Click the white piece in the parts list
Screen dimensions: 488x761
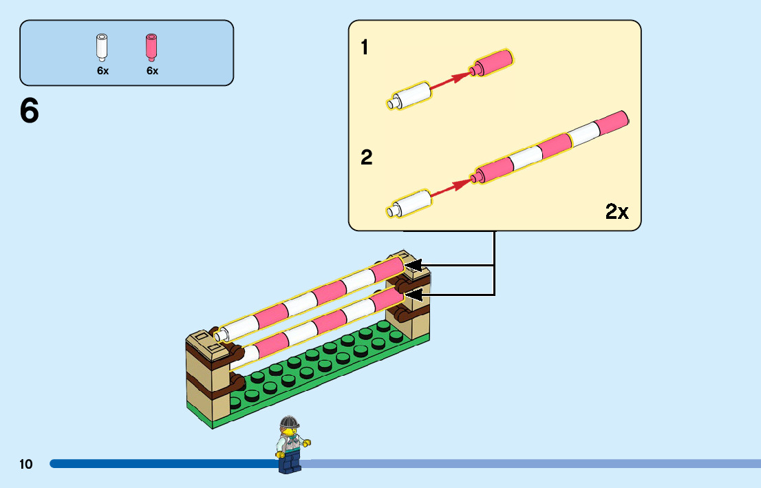(x=103, y=46)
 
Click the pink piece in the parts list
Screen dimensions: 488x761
(x=151, y=46)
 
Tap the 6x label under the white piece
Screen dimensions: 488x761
(x=103, y=71)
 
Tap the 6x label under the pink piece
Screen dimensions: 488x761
(x=152, y=71)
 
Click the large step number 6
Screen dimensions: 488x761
(x=30, y=112)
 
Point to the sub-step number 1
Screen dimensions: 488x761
(x=365, y=47)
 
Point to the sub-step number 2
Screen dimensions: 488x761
(x=366, y=158)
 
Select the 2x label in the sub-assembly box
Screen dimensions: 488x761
(x=617, y=211)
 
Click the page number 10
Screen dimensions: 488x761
(x=26, y=465)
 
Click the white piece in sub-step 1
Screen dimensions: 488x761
(x=409, y=96)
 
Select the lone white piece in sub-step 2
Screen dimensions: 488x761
(x=411, y=204)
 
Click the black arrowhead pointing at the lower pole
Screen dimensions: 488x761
(x=413, y=295)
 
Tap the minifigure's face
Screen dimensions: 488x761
(x=290, y=432)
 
